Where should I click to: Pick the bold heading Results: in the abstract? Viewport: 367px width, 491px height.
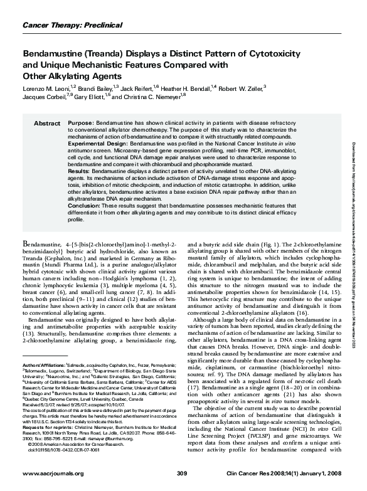[x=78, y=170]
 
